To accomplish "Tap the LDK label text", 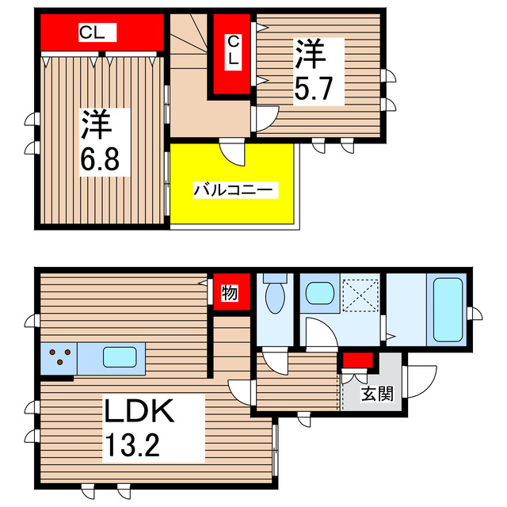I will (139, 413).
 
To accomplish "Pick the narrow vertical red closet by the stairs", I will (232, 54).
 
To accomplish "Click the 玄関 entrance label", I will (376, 394).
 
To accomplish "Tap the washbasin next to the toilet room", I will (321, 293).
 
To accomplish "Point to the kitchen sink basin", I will (120, 357).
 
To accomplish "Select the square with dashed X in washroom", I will (361, 297).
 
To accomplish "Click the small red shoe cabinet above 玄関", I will (358, 361).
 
